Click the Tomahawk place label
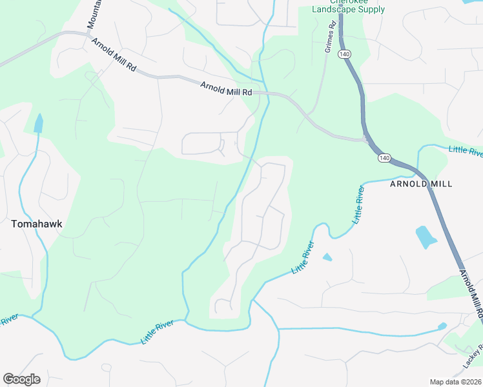tap(32, 224)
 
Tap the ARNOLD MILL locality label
tap(420, 184)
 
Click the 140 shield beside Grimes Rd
tap(344, 55)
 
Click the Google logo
tap(21, 379)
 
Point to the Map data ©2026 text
tap(455, 382)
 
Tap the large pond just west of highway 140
tap(426, 237)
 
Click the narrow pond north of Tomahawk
tap(38, 123)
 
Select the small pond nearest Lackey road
tap(442, 326)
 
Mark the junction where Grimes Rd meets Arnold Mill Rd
tap(309, 117)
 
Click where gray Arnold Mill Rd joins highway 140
tap(365, 139)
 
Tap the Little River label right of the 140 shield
tap(465, 152)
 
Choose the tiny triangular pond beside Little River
tap(327, 257)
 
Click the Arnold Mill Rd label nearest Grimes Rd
tap(226, 88)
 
